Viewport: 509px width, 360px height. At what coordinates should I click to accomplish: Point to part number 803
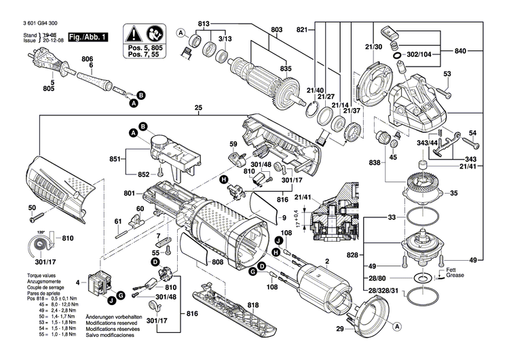pyautogui.click(x=276, y=30)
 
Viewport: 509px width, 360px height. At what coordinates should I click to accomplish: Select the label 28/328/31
pyautogui.click(x=384, y=290)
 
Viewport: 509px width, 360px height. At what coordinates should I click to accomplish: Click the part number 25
pyautogui.click(x=198, y=108)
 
